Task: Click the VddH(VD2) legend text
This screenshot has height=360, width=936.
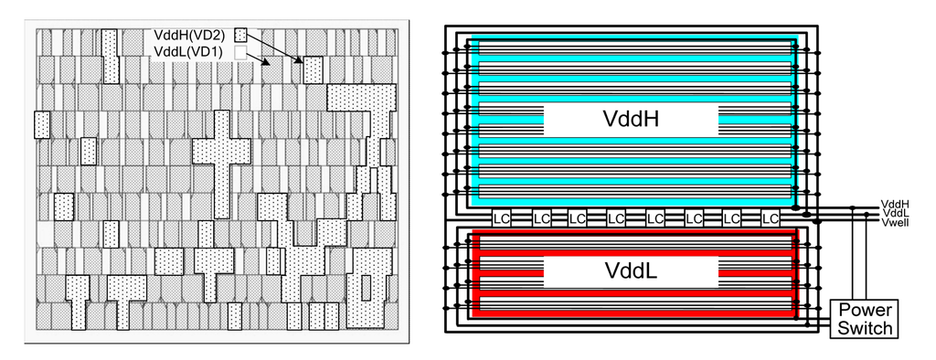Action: [x=189, y=36]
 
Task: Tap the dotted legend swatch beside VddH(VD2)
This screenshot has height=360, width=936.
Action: [x=240, y=35]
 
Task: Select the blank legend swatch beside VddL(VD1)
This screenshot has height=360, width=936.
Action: [x=240, y=53]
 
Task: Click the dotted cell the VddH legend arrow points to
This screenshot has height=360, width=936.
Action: [x=314, y=69]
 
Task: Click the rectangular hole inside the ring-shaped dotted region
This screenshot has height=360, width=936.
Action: [x=367, y=285]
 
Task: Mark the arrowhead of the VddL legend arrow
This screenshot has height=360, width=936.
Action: [x=265, y=65]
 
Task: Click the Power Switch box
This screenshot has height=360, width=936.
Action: [x=864, y=319]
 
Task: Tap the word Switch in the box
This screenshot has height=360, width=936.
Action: [x=864, y=328]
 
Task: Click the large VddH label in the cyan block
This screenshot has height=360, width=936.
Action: [x=631, y=119]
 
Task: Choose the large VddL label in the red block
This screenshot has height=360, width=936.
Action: [x=631, y=271]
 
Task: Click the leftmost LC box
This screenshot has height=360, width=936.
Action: [x=501, y=219]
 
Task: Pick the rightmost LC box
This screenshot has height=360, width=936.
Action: [x=771, y=219]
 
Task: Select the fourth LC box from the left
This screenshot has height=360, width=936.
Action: [x=617, y=219]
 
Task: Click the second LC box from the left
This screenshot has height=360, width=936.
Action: [x=539, y=219]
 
